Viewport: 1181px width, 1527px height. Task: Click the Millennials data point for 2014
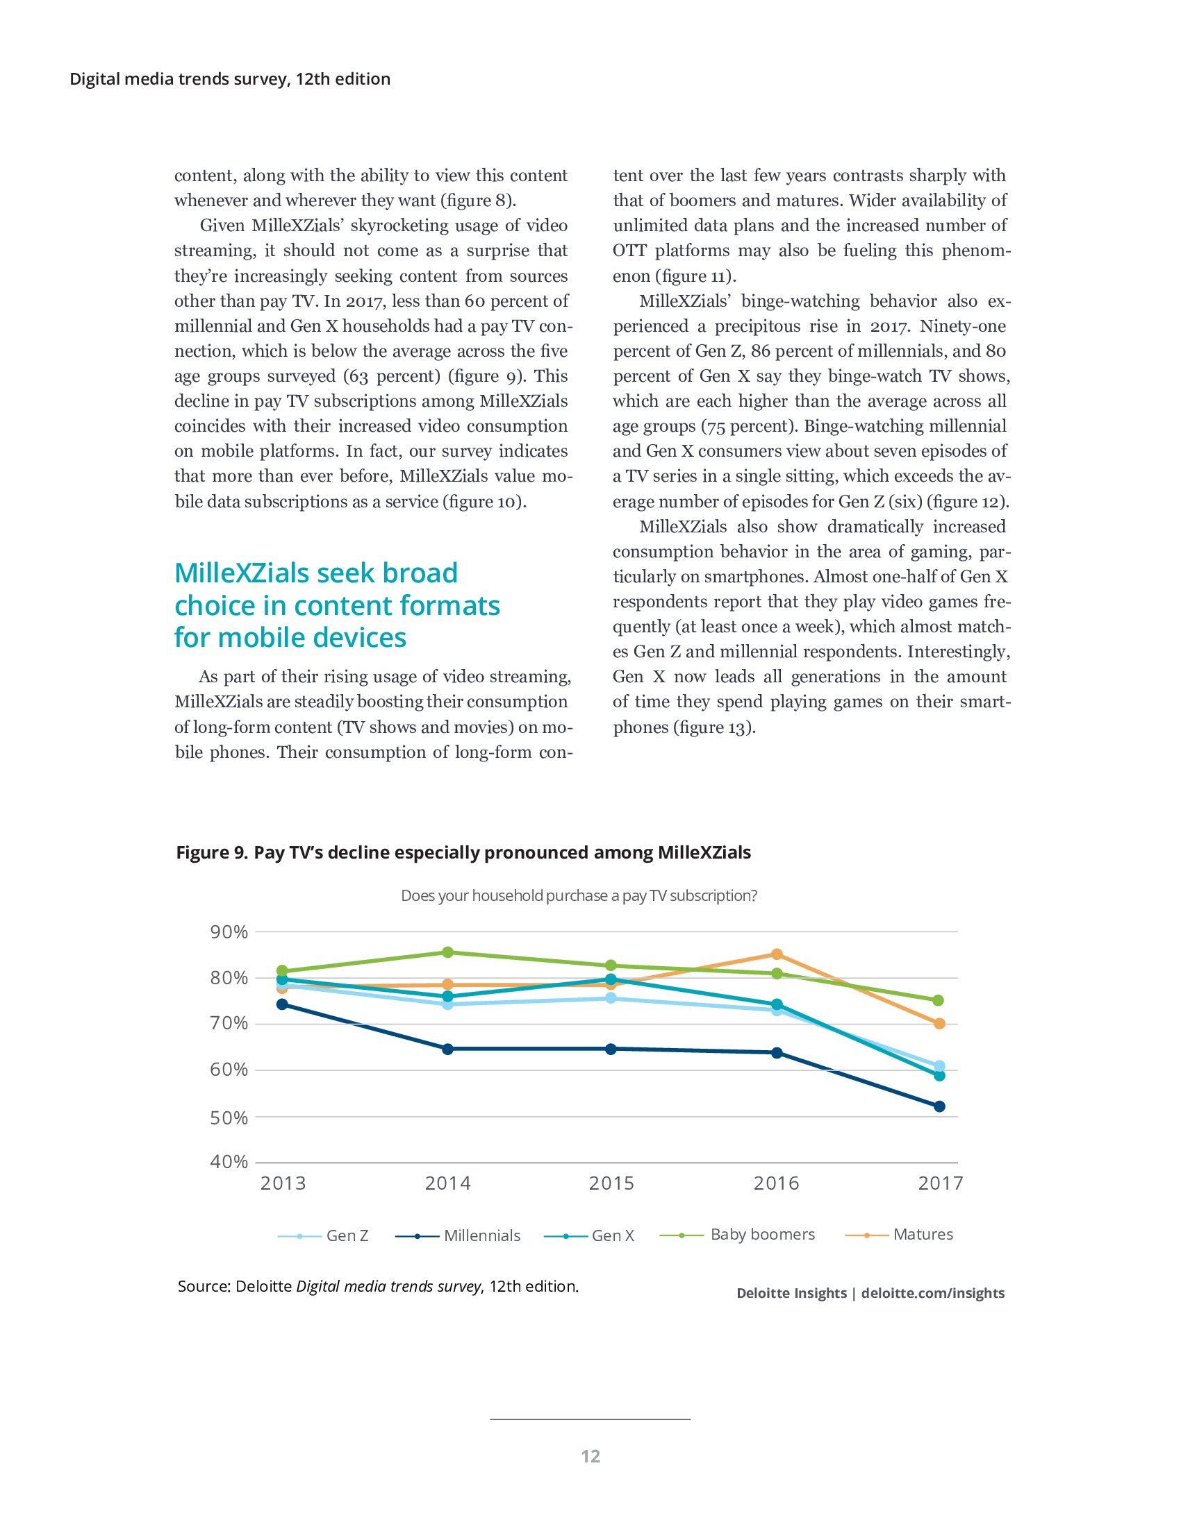[448, 1049]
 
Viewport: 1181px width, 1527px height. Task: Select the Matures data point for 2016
[777, 954]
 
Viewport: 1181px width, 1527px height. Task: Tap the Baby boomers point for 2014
[448, 952]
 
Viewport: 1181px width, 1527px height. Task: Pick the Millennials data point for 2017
[939, 1106]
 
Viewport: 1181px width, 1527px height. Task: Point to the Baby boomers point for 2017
[939, 1000]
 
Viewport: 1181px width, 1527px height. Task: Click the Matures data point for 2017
[939, 1023]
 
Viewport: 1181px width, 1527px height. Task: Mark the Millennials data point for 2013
[282, 1005]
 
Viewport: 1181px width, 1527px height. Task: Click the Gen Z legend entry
[323, 1235]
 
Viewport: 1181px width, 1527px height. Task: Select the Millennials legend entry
[459, 1235]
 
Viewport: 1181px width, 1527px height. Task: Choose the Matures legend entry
[899, 1234]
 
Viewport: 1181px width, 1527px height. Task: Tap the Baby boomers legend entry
[738, 1234]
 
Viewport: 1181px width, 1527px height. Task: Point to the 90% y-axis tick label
[229, 932]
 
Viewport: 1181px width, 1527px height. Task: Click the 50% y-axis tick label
[229, 1118]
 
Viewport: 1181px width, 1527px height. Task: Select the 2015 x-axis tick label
[611, 1183]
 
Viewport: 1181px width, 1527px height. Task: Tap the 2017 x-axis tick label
[941, 1183]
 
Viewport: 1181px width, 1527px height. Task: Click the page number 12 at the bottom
[590, 1456]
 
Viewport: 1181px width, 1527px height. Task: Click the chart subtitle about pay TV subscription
[579, 895]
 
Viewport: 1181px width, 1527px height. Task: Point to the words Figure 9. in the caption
[211, 853]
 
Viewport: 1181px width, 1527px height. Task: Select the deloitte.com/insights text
[932, 1293]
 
